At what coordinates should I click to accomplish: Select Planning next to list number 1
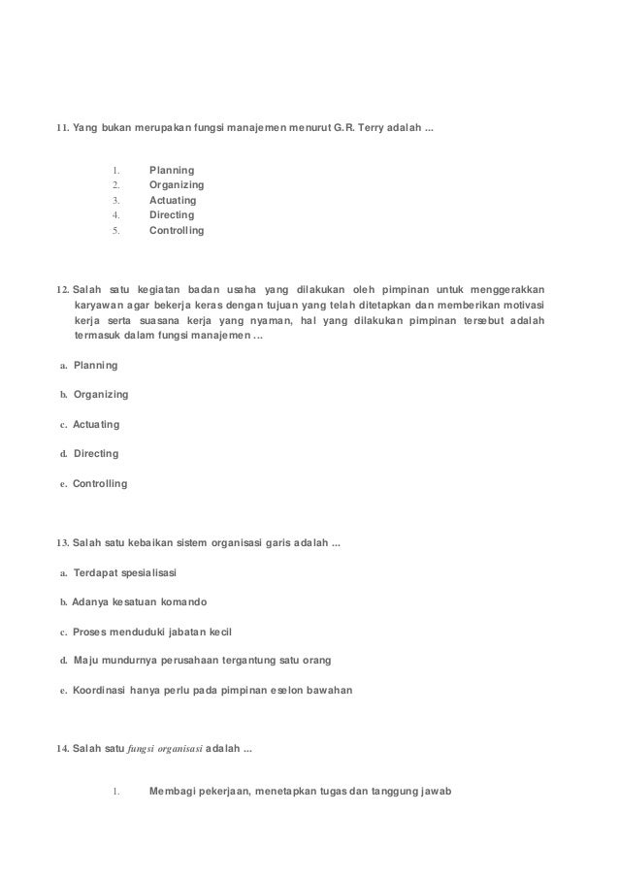click(x=171, y=170)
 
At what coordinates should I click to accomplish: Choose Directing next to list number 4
click(x=171, y=215)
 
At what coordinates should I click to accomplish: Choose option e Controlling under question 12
click(x=100, y=483)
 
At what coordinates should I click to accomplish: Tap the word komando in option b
click(x=181, y=601)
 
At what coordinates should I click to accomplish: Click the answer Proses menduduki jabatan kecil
click(x=152, y=631)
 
